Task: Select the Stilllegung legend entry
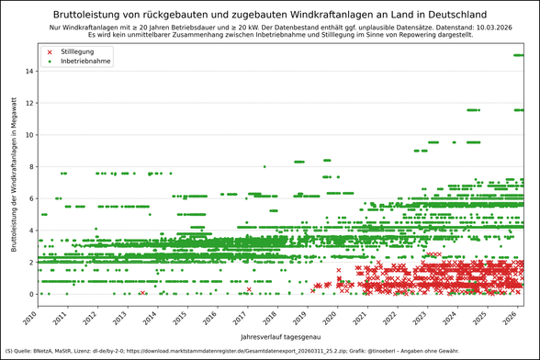[x=76, y=52]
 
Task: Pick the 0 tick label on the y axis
[x=31, y=294]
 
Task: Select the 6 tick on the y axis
[x=31, y=198]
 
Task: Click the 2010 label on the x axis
[x=30, y=318]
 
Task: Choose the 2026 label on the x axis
[x=505, y=318]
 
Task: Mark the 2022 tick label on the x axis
[x=387, y=318]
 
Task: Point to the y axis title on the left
[x=15, y=184]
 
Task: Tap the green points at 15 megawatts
[x=519, y=55]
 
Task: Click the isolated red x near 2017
[x=249, y=289]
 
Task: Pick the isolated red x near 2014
[x=142, y=292]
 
